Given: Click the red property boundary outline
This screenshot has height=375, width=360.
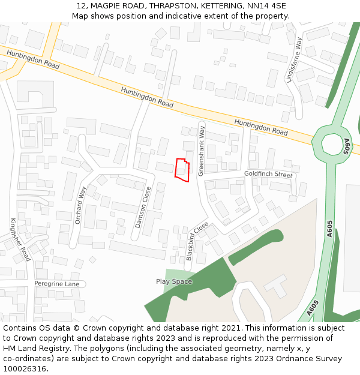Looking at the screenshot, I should (x=182, y=170).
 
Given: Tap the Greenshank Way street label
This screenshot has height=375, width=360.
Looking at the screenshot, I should (x=202, y=150).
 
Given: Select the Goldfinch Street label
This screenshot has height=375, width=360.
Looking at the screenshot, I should (x=268, y=175).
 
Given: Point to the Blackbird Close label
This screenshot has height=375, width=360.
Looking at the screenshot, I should (x=197, y=241).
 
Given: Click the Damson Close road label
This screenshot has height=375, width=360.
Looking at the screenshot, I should (x=143, y=207).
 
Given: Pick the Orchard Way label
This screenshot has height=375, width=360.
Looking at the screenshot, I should (x=80, y=205).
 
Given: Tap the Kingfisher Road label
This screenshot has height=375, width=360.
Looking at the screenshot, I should (x=20, y=239).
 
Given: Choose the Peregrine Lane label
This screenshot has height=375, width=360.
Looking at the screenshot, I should (x=56, y=283).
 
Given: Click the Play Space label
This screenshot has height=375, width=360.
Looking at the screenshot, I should (x=174, y=281).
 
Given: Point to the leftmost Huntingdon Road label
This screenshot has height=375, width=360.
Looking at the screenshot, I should (x=33, y=59).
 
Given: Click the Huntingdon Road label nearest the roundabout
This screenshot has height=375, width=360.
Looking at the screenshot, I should (x=261, y=127).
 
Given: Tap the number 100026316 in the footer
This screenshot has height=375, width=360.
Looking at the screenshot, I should (x=25, y=368).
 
